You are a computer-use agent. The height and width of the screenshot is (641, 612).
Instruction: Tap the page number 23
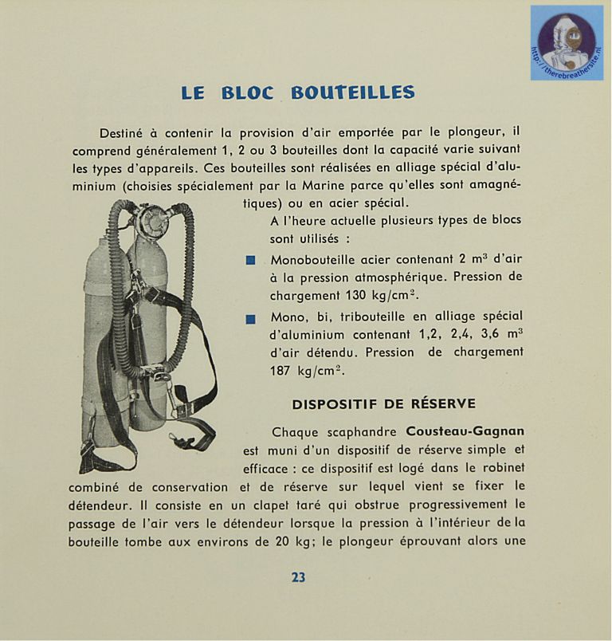click(x=298, y=577)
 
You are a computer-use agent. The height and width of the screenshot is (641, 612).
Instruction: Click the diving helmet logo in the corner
click(x=567, y=42)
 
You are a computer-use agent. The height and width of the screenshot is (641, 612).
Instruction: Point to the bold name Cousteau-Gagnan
click(x=465, y=431)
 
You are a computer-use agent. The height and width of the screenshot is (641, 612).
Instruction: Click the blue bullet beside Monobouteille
click(x=250, y=260)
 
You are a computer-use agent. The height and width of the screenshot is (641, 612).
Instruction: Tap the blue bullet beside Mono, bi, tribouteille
click(x=250, y=318)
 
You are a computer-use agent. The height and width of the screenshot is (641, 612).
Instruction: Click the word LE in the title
click(x=193, y=92)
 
